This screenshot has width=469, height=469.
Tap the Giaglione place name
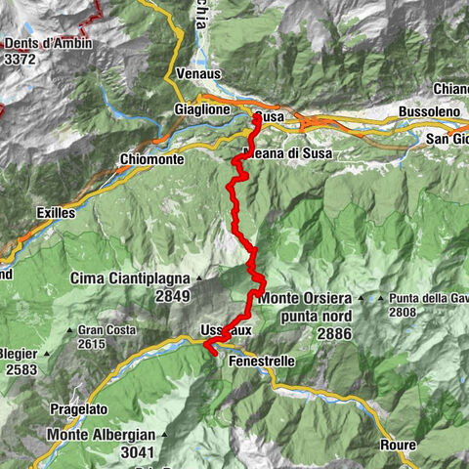[202, 110]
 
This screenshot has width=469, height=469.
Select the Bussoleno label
[429, 114]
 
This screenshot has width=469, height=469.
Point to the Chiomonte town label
[150, 158]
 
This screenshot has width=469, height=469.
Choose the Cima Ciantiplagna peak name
[129, 278]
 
